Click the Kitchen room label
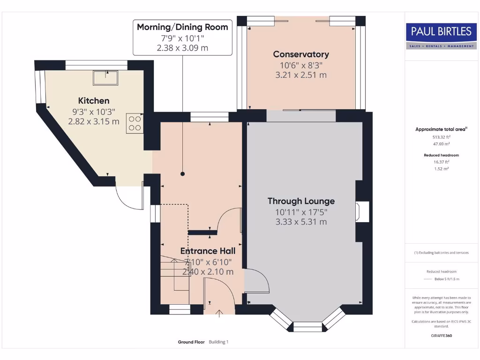click(x=94, y=101)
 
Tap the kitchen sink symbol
click(x=105, y=78)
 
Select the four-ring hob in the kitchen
click(x=135, y=123)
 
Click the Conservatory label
click(x=301, y=54)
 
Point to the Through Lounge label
click(x=301, y=201)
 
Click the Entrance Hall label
click(x=208, y=251)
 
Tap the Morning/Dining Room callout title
click(x=182, y=27)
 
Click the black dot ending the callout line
click(x=183, y=174)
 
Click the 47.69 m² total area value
click(x=441, y=144)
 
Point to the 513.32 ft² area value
click(x=442, y=137)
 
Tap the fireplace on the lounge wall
click(x=362, y=211)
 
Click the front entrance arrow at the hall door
click(x=219, y=314)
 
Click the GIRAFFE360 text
click(x=442, y=336)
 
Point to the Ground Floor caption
click(x=191, y=342)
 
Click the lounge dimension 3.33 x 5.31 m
click(x=301, y=222)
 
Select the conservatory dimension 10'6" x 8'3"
click(x=301, y=65)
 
